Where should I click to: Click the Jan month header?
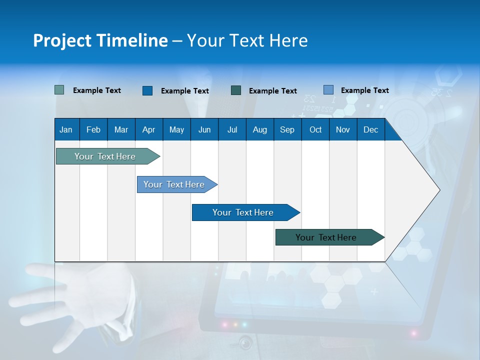[x=66, y=129]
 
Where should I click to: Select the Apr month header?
[x=148, y=129]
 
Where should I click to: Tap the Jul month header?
[x=232, y=129]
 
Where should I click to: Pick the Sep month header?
[x=287, y=129]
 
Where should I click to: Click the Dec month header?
[x=370, y=129]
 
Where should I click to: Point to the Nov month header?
[x=342, y=129]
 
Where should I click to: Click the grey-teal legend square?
[x=59, y=90]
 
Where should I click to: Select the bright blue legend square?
[x=147, y=90]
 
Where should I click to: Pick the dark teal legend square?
[x=236, y=90]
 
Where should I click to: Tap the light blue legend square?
[x=328, y=90]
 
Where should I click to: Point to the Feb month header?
[x=93, y=129]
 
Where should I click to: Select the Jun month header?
[x=204, y=129]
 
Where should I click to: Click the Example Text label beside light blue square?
[x=364, y=90]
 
